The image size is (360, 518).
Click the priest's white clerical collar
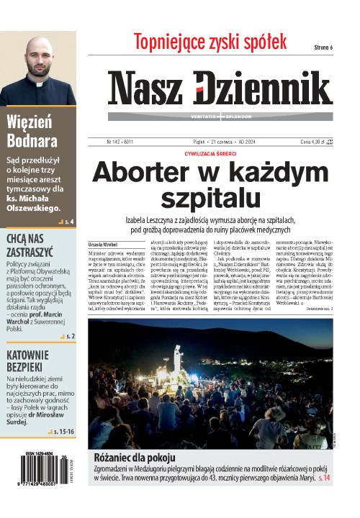coord(40,83)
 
